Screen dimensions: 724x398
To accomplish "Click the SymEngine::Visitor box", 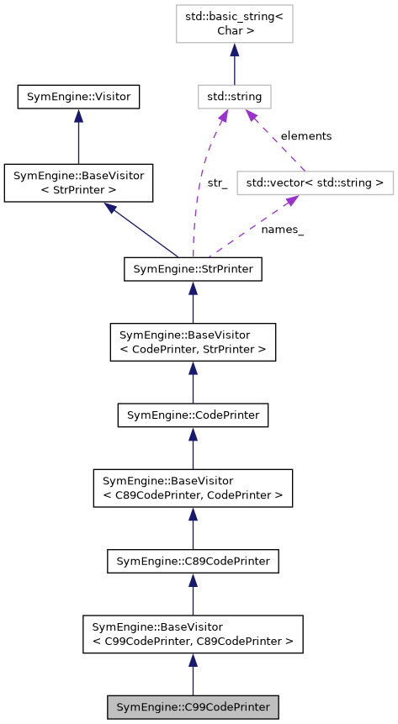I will pyautogui.click(x=78, y=97).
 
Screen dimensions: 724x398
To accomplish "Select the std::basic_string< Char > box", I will pyautogui.click(x=234, y=24).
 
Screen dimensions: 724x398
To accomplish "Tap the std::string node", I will pyautogui.click(x=234, y=97).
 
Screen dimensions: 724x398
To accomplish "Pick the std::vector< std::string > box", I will pyautogui.click(x=316, y=182).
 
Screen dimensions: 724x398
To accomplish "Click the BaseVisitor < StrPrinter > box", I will pyautogui.click(x=78, y=183).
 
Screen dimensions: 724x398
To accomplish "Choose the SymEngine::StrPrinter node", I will pyautogui.click(x=193, y=269).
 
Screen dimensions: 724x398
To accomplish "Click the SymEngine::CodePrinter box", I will pyautogui.click(x=193, y=415).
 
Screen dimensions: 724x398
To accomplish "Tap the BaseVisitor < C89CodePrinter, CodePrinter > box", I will pyautogui.click(x=193, y=488).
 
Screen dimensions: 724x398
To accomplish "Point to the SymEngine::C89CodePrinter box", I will pyautogui.click(x=193, y=560).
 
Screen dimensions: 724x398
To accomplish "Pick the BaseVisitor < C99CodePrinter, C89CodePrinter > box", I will pyautogui.click(x=193, y=633).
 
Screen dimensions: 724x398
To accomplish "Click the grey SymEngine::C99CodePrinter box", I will pyautogui.click(x=193, y=706).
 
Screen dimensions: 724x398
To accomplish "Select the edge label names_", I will pyautogui.click(x=282, y=230).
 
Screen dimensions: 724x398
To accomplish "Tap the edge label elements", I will pyautogui.click(x=305, y=135).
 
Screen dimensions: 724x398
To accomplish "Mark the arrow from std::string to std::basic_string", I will pyautogui.click(x=234, y=63).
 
